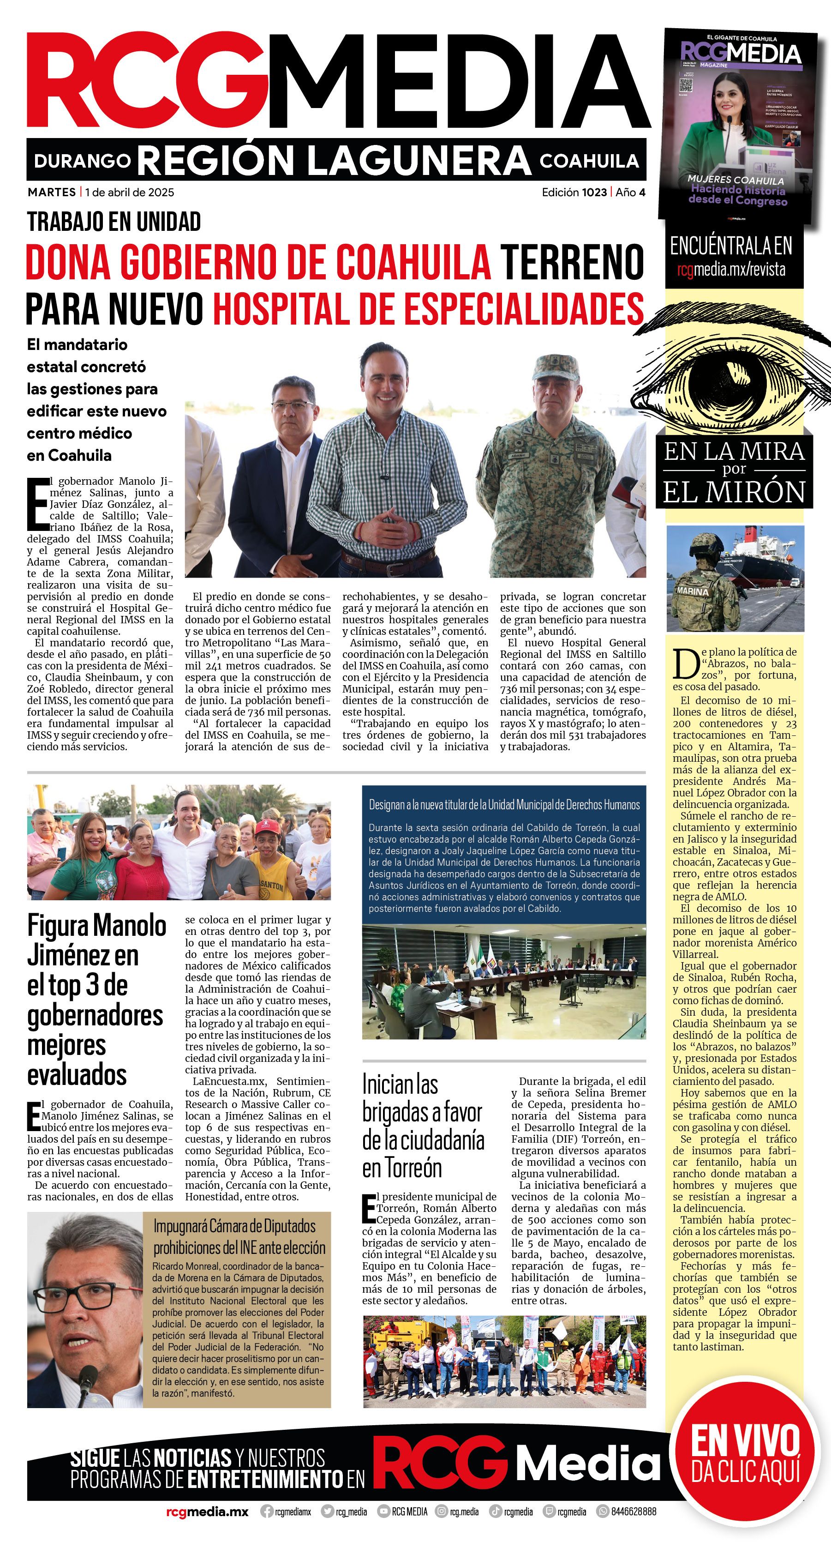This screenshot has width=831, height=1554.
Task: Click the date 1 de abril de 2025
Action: click(x=130, y=193)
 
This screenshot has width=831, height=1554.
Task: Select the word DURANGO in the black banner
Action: click(x=82, y=161)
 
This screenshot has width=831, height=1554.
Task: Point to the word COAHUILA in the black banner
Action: click(x=589, y=161)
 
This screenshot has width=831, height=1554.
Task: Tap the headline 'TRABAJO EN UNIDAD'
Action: click(x=114, y=222)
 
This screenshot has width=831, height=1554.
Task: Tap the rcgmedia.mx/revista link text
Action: click(x=731, y=269)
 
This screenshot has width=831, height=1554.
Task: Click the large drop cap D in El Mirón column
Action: click(x=686, y=663)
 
